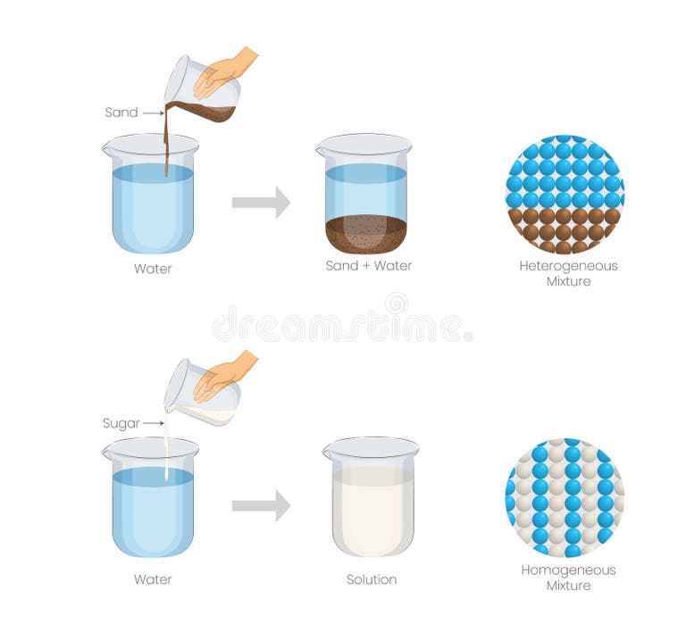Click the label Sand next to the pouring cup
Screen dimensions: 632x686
[121, 112]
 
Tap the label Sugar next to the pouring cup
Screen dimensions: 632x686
[121, 423]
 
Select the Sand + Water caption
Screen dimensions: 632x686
[369, 266]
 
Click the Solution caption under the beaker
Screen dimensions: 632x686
[372, 579]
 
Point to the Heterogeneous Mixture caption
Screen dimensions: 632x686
[568, 273]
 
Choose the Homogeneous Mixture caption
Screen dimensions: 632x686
[568, 578]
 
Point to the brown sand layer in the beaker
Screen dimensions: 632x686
[365, 234]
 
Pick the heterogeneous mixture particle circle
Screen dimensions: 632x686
[565, 194]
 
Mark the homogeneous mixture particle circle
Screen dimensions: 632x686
[565, 497]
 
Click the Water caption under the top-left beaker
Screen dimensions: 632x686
[153, 269]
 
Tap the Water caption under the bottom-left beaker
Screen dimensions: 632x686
[153, 579]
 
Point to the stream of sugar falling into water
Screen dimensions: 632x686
[166, 451]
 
